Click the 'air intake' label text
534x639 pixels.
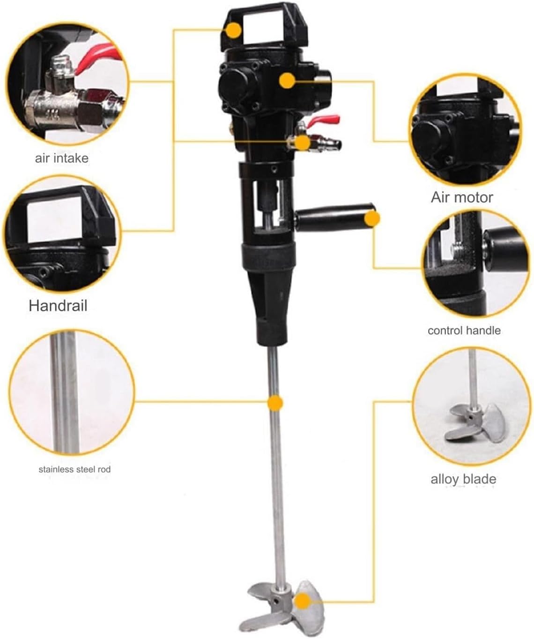point(61,158)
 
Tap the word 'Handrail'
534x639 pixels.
point(58,306)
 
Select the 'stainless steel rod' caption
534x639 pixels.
point(74,469)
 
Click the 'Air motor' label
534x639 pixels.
point(462,197)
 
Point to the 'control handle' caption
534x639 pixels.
point(464,331)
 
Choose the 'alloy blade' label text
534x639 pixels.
point(463,479)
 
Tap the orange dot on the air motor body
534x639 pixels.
point(287,80)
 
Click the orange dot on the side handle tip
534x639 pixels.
point(372,218)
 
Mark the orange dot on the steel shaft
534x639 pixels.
point(275,403)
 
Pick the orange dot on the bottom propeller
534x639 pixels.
point(303,601)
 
